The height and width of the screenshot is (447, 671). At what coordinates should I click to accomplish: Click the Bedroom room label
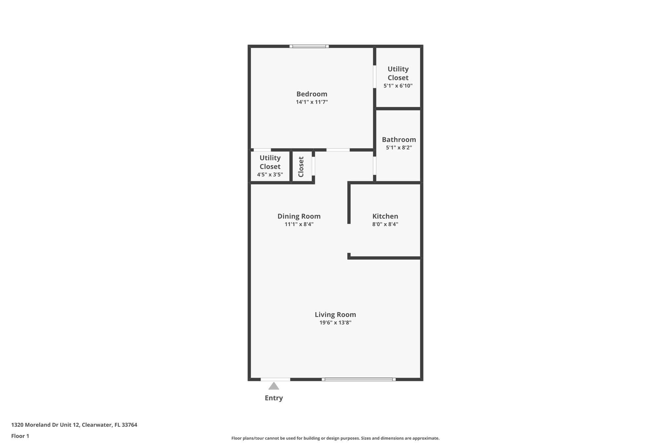312,94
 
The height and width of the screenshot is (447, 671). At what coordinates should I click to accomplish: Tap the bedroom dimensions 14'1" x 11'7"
312,102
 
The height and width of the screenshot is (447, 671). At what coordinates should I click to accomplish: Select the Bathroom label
399,140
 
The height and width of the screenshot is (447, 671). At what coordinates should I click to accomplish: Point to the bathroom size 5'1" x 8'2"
399,148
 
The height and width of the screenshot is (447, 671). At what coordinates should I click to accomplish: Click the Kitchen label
385,216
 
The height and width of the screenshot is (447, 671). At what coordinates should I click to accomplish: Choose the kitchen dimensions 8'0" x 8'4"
385,224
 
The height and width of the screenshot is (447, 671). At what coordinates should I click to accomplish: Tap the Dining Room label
299,216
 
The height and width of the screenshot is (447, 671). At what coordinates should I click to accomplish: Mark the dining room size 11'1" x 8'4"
299,224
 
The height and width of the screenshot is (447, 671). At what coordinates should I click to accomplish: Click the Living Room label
335,314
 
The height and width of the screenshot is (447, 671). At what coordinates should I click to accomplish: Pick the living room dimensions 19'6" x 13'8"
335,323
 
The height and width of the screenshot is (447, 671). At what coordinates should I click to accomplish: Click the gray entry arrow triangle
274,386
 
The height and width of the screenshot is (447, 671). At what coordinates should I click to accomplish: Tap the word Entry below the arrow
274,398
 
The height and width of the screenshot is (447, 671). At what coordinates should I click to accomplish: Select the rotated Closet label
301,167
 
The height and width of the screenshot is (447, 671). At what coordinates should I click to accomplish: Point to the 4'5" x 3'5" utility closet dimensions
270,175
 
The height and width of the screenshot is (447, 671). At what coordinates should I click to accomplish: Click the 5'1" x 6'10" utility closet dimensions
398,86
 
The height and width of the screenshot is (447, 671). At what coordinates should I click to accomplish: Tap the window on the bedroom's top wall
309,46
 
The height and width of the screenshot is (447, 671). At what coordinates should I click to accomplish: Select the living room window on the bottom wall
358,379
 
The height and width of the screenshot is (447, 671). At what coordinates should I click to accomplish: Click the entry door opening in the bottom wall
275,379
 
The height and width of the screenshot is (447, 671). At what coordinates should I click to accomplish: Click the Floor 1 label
20,436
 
